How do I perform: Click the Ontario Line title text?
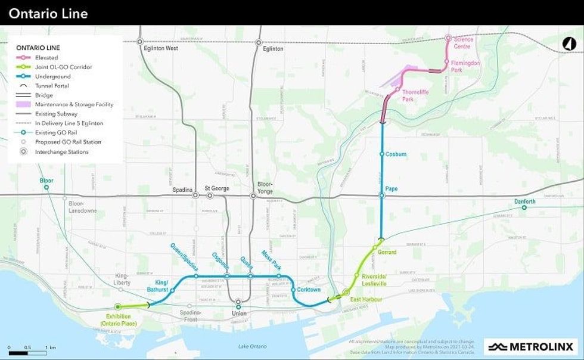click(x=48, y=13)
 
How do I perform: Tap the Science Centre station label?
click(x=463, y=43)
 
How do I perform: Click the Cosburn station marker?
click(x=382, y=154)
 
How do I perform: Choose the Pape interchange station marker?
click(x=382, y=195)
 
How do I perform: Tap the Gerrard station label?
click(x=387, y=252)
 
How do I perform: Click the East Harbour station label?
click(x=366, y=299)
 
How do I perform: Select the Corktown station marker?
click(x=293, y=290)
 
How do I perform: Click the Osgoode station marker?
click(x=227, y=276)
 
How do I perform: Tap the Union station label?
click(x=238, y=314)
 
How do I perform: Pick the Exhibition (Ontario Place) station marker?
click(x=117, y=306)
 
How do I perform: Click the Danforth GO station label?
click(x=524, y=201)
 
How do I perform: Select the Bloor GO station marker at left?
click(x=46, y=187)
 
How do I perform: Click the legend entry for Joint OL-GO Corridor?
click(x=55, y=67)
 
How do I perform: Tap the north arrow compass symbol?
click(x=569, y=44)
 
